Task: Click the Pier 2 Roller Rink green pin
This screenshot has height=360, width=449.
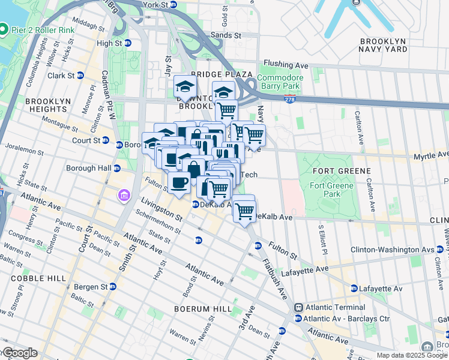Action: (4, 29)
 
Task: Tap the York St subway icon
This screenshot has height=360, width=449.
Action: (173, 5)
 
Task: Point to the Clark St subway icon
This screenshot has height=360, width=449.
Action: (80, 76)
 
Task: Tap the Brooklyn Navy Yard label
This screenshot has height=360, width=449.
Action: (383, 46)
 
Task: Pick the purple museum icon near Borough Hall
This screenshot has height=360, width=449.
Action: (124, 196)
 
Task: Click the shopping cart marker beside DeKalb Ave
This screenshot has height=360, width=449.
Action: (244, 211)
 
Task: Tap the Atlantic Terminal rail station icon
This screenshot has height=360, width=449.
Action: (298, 307)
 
